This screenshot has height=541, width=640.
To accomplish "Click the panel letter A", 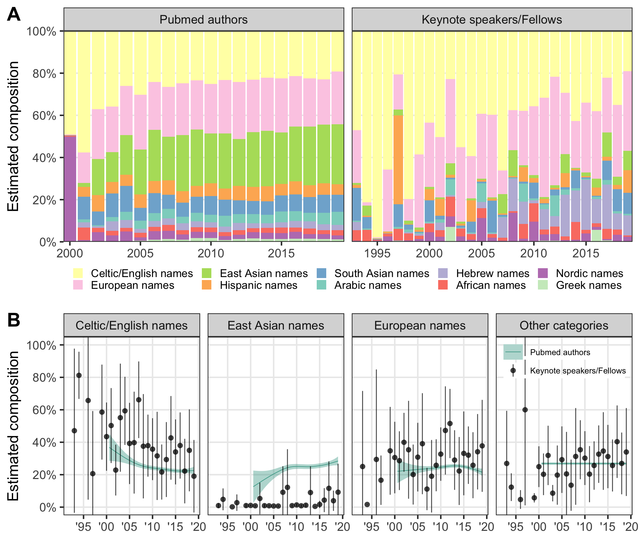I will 13,14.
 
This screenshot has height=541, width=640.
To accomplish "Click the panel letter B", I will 13,320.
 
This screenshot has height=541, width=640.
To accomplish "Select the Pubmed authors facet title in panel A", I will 203,20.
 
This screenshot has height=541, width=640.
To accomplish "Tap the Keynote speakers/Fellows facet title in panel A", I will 492,20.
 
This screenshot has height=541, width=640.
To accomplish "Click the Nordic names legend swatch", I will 543,273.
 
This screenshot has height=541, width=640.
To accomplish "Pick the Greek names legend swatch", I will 543,285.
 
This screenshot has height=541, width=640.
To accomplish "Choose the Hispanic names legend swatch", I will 207,285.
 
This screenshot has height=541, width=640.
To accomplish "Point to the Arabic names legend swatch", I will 321,285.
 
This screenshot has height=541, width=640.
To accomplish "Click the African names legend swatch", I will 443,285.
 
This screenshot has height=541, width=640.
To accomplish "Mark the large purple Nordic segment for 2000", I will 70,189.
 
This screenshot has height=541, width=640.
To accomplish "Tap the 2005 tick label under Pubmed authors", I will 140,253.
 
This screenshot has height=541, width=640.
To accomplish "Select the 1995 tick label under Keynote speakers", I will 377,253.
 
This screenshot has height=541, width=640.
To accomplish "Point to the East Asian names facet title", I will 276,326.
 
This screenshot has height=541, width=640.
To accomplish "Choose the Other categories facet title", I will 564,326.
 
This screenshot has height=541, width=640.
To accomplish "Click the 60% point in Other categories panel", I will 525,410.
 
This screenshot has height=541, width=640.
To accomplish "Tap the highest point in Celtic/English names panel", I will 79,375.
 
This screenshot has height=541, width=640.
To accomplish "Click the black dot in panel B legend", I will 513,371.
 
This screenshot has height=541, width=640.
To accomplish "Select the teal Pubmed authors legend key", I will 513,352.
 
